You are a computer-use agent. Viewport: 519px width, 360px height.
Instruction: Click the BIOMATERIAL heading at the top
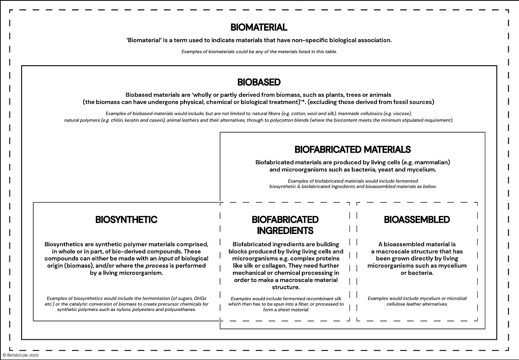point(259,27)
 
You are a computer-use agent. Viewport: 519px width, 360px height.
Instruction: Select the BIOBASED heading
point(259,82)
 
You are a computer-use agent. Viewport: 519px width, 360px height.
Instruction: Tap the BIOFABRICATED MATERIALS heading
point(353,149)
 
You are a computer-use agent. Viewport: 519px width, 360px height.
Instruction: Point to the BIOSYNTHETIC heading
point(126,220)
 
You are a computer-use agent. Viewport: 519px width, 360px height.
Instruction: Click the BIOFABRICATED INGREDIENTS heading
point(285,225)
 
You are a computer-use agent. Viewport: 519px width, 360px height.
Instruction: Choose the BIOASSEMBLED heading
point(417,220)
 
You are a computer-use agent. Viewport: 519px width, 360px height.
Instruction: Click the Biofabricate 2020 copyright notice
point(21,355)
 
